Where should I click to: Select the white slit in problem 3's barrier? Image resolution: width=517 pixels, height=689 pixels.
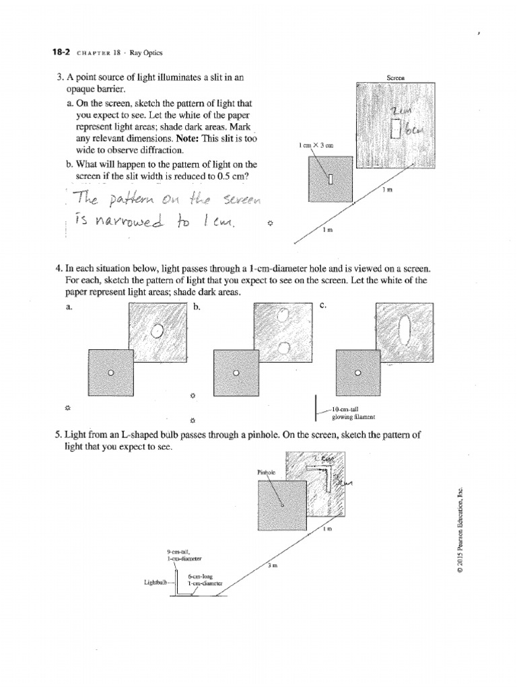click(x=331, y=177)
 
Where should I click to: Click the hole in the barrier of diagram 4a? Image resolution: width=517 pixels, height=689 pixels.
click(x=112, y=373)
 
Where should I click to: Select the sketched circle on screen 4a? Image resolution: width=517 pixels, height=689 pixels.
click(x=158, y=330)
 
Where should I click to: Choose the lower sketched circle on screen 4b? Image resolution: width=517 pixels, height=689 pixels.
click(x=283, y=348)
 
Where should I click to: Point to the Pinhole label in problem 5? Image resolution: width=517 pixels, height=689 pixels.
click(x=267, y=472)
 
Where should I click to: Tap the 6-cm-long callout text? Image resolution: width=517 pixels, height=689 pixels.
click(x=201, y=577)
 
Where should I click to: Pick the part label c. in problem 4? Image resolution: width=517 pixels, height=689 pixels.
click(x=323, y=307)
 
